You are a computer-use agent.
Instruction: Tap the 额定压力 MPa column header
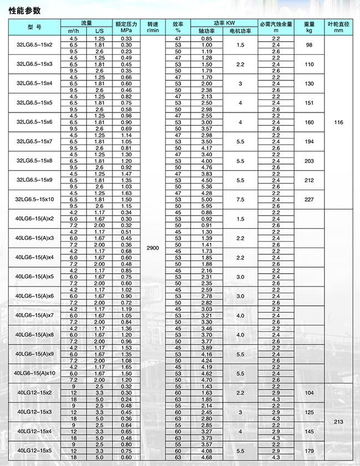[x=126, y=27]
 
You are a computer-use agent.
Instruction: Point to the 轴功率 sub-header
[x=207, y=31]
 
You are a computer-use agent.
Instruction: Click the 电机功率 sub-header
[x=240, y=31]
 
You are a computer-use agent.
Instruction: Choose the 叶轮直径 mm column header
[x=339, y=27]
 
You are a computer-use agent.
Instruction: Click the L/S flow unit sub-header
[x=100, y=31]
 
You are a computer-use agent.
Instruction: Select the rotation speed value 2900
[x=153, y=248]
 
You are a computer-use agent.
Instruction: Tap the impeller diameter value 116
[x=339, y=122]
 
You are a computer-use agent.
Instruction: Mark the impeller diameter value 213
[x=339, y=422]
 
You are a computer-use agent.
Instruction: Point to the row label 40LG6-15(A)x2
[x=35, y=219]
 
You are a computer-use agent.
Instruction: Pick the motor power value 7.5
[x=240, y=199]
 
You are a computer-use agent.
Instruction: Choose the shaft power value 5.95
[x=207, y=206]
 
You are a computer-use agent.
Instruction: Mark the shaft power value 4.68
[x=207, y=457]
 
